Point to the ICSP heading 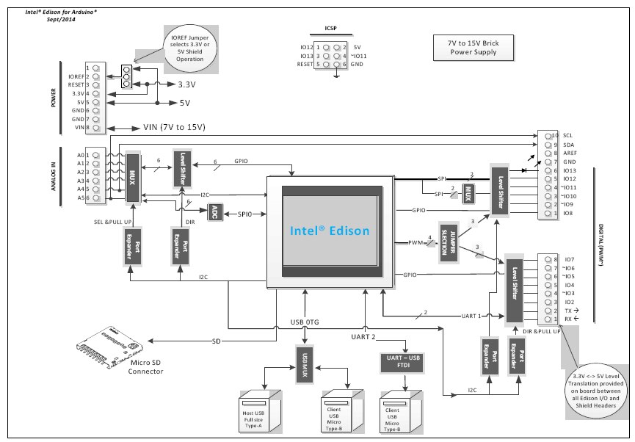point(331,30)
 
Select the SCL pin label point(568,136)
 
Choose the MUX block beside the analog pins point(133,177)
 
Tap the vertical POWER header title point(53,97)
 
